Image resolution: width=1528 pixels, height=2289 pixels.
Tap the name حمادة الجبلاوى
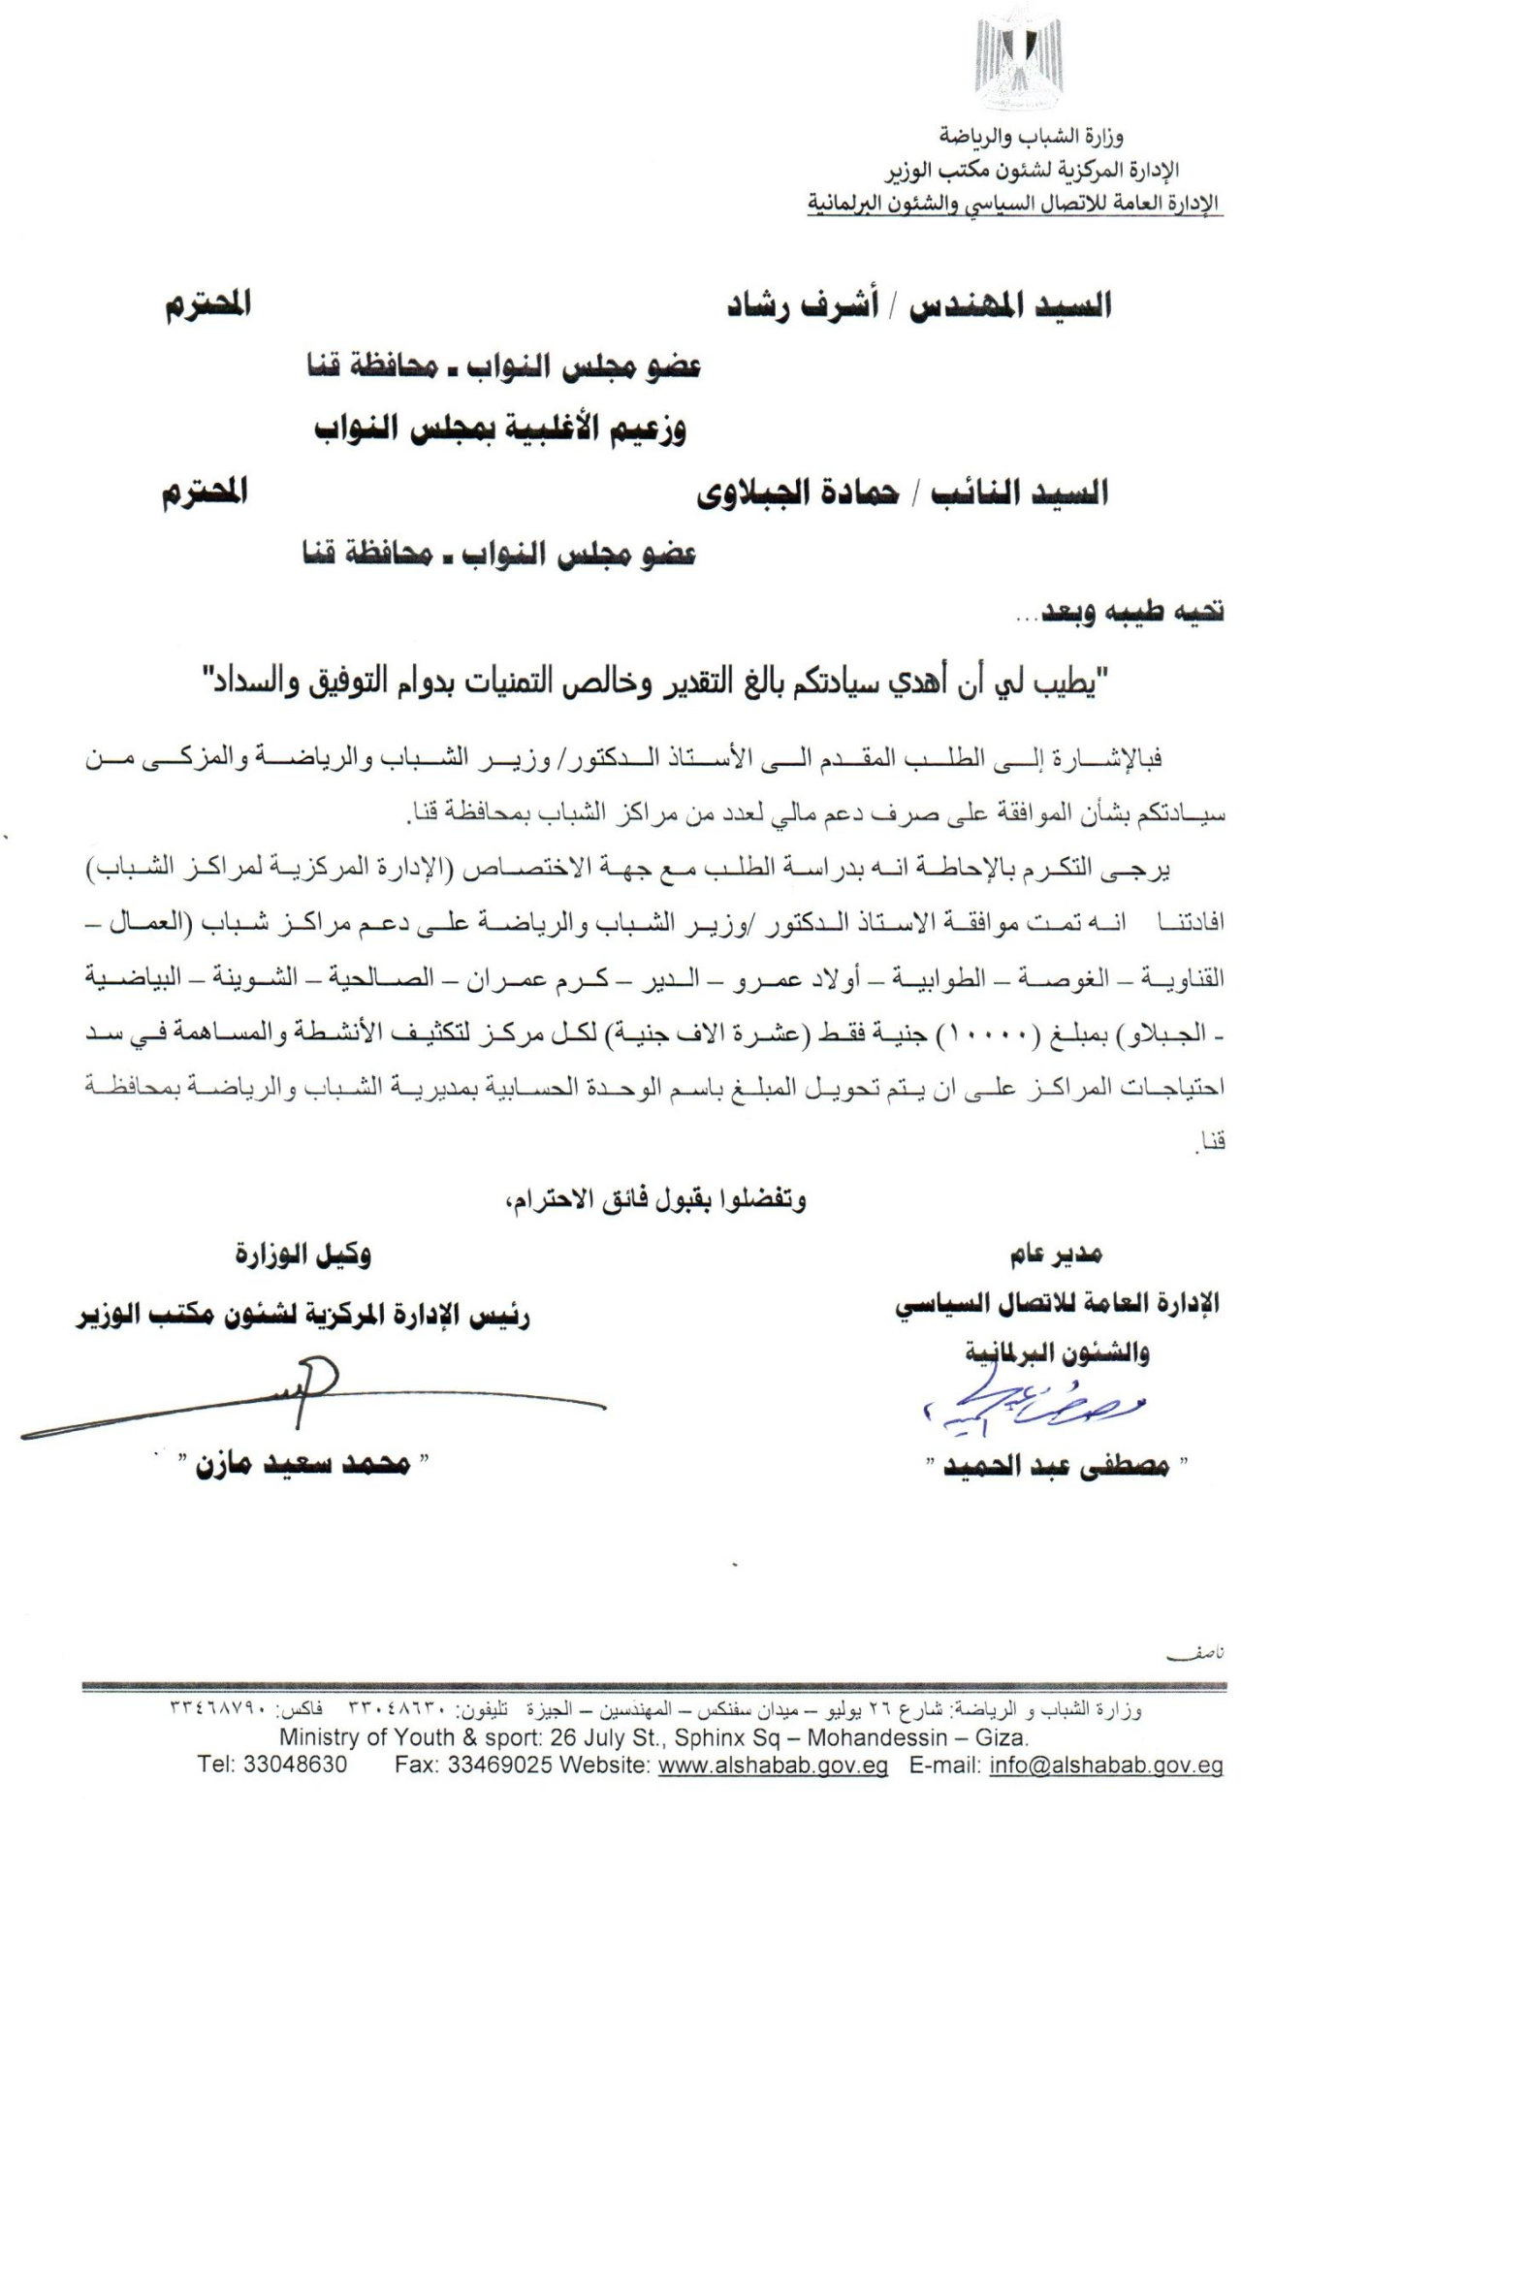[x=796, y=493]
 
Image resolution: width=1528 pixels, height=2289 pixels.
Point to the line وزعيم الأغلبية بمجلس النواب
[x=500, y=429]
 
